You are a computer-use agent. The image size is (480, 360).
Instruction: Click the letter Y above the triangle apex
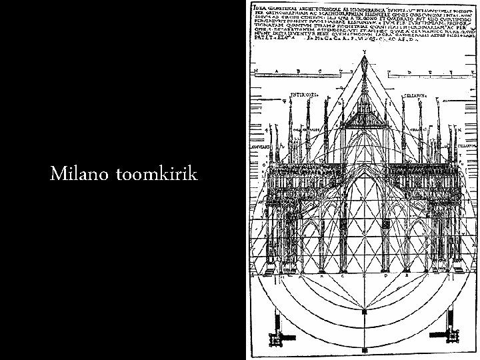pyautogui.click(x=365, y=53)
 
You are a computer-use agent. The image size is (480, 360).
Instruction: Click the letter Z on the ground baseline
pyautogui.click(x=365, y=274)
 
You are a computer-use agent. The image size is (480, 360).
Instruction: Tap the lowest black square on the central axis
pyautogui.click(x=365, y=351)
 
